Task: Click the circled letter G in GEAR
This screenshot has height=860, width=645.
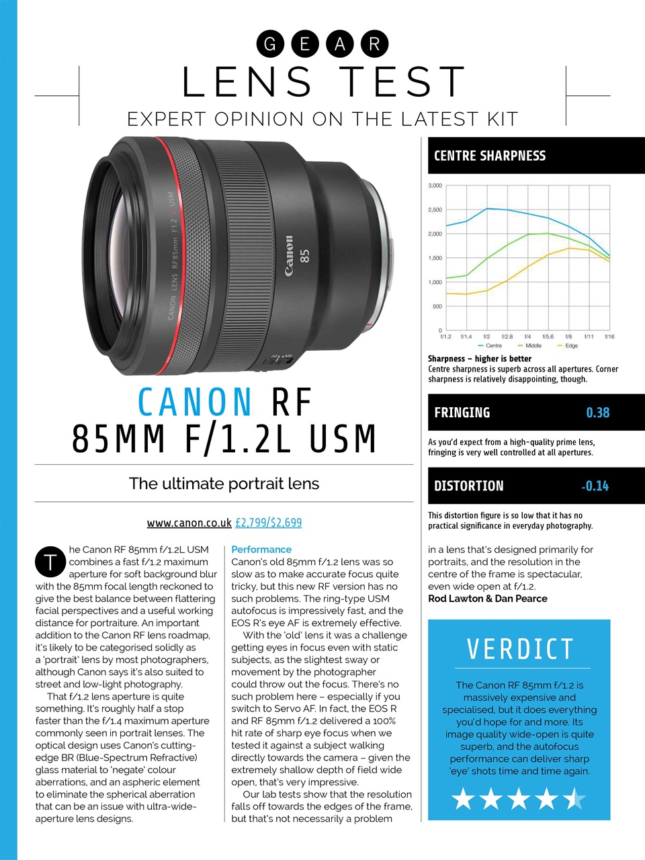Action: [270, 44]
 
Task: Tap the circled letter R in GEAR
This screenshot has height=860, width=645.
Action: [374, 44]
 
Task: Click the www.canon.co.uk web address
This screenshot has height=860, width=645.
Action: [189, 522]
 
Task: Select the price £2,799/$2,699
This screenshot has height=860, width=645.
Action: [269, 522]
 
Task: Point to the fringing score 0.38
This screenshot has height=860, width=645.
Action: [597, 413]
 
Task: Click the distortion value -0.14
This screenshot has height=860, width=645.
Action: [595, 486]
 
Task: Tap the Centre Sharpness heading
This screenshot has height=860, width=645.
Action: [490, 156]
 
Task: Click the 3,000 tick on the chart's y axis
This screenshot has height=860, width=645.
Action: [435, 185]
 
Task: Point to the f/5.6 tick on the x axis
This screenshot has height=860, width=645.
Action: [548, 337]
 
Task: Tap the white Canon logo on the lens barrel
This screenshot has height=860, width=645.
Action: [289, 256]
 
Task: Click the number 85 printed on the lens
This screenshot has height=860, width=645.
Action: [305, 256]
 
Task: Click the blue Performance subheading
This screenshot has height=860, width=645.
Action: [261, 550]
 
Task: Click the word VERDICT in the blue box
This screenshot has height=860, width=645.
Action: [520, 650]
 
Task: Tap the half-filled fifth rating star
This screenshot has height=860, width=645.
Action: [574, 800]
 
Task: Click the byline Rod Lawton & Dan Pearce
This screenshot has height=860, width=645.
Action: [487, 599]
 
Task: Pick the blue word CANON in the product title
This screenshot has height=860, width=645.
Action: [195, 402]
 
